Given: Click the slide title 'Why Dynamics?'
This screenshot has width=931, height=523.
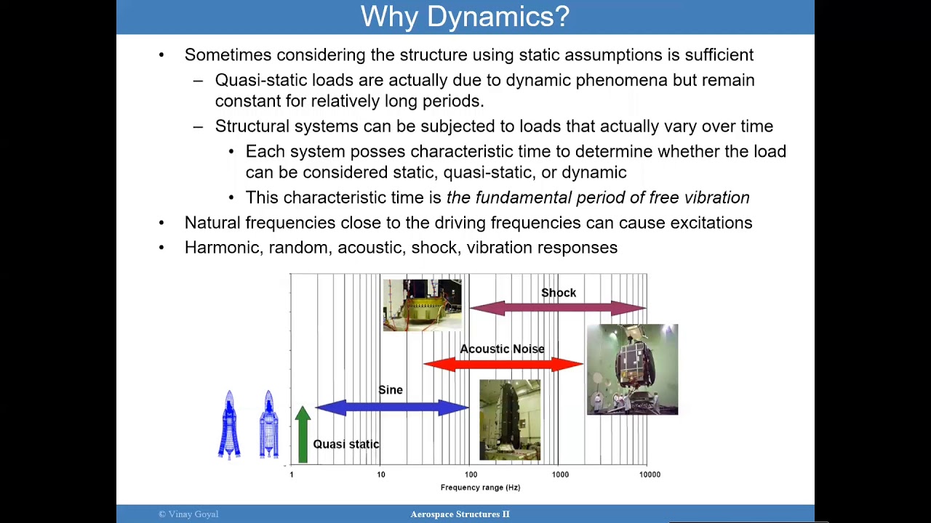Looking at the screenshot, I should coord(465,17).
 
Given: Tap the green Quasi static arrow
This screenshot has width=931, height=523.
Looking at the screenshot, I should coord(303,436).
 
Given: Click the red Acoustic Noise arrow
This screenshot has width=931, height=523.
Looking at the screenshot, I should coord(503,364).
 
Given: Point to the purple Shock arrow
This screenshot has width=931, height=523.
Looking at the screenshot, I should coord(557,309).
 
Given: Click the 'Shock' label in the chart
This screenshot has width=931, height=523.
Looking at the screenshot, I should coord(558,293).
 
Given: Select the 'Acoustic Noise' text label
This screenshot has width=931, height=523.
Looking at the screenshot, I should coord(502,349).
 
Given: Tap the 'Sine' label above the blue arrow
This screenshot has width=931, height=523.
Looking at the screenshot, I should coord(391,390).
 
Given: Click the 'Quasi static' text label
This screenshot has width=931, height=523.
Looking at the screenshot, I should coord(345,444).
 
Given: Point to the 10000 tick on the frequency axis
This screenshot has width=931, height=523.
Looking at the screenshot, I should coord(650,474).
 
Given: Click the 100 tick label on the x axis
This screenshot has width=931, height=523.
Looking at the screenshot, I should coord(471,474).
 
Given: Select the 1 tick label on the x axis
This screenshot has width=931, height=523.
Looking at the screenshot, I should coord(292,474).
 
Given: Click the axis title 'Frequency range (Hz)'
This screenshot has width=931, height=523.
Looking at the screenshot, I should coord(480,487).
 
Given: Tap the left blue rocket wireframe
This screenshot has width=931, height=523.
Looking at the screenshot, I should coord(229,425).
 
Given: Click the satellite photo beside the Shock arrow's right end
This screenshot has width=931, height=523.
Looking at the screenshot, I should coord(632,370).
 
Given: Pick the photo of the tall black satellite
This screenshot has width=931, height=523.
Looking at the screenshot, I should coord(509,420).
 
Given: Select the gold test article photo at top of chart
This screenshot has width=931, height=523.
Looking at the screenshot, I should coord(422,305).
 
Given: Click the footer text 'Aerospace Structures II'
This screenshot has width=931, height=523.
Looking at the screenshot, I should coord(460,514).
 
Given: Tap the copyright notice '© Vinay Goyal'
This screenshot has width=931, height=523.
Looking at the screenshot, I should coord(188,514).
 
